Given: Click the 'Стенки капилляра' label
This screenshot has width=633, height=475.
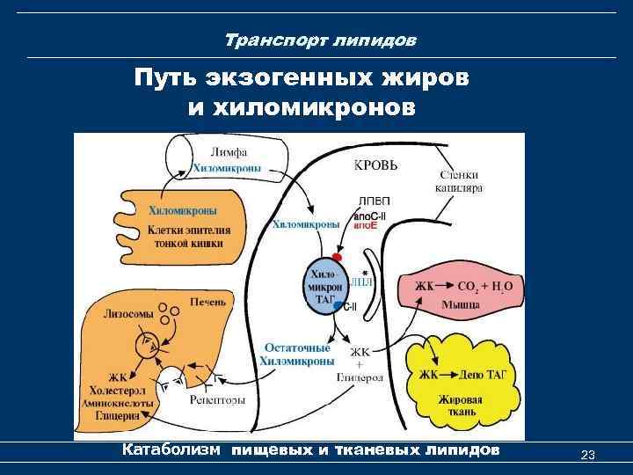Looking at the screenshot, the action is click(x=458, y=181).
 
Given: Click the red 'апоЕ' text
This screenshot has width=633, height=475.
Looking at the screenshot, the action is click(x=367, y=226).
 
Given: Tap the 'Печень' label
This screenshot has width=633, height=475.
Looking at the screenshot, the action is click(x=209, y=302).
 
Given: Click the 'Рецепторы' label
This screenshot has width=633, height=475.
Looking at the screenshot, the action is click(x=216, y=399).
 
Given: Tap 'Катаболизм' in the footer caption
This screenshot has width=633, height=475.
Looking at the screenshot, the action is click(x=172, y=450).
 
